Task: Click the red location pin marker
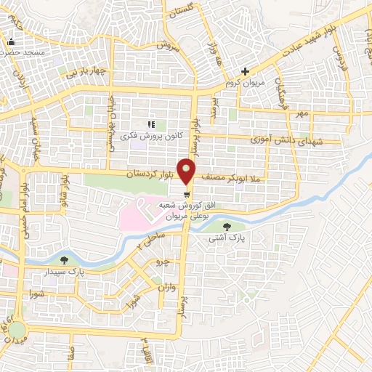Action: click(x=187, y=171)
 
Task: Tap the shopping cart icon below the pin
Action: click(x=187, y=193)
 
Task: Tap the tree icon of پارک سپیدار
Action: click(x=65, y=259)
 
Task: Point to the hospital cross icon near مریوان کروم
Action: click(x=246, y=71)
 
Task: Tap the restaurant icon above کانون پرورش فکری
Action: click(x=152, y=124)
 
